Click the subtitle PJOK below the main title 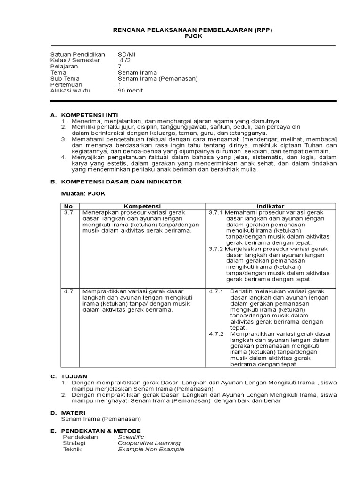(193, 36)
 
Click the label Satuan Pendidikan (78, 55)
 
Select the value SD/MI (127, 55)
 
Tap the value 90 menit (130, 91)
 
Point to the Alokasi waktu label (70, 91)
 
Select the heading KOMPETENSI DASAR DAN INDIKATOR (122, 182)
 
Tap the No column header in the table (68, 206)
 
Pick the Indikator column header (271, 206)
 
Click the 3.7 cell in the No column (68, 213)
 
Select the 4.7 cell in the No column (68, 291)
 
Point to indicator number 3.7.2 (216, 249)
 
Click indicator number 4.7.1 (217, 291)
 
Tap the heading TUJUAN (74, 376)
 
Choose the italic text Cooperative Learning (149, 443)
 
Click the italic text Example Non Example (151, 450)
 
